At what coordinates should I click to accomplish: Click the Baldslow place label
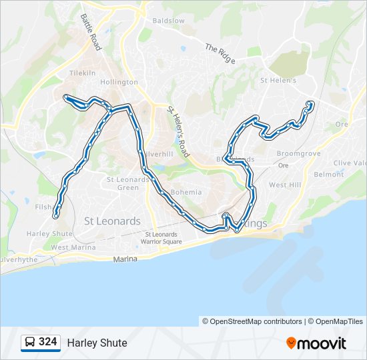tap(168, 21)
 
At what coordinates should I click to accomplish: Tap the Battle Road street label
tap(91, 33)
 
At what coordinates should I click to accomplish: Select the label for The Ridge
tap(220, 53)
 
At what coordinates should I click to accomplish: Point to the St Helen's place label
tap(274, 81)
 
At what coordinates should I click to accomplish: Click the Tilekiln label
tap(83, 73)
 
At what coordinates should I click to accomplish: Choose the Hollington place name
tap(119, 82)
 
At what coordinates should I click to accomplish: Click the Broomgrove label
tap(298, 153)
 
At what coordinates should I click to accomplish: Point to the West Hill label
tap(285, 185)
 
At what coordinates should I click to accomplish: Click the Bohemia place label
tap(186, 192)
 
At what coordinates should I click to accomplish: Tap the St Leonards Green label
tap(128, 183)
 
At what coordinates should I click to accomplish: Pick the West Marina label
tap(69, 247)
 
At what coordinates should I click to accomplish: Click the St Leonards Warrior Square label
tap(161, 238)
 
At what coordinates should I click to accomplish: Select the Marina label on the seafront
tap(125, 259)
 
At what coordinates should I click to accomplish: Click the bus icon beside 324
tap(30, 342)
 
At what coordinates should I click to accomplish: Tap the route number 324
tap(48, 342)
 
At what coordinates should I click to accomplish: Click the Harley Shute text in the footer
tap(97, 343)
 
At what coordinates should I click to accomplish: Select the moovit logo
tap(316, 343)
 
